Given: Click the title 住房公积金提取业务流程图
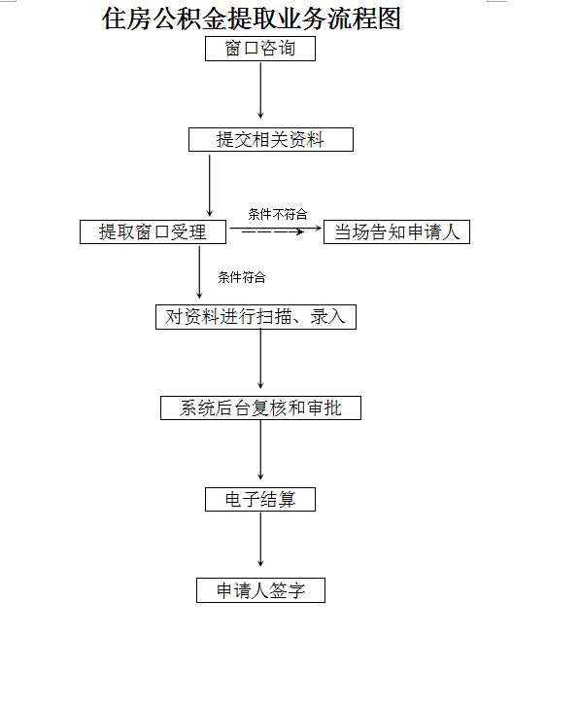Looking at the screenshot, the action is (x=252, y=19).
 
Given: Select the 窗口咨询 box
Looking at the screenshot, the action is (x=260, y=49).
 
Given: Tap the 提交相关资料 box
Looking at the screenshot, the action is (x=271, y=139).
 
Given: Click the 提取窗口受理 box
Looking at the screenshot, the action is (x=153, y=232).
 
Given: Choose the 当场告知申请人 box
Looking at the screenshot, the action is (x=397, y=232).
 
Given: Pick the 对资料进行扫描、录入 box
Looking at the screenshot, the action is (x=256, y=317).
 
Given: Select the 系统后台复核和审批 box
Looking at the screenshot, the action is (x=260, y=408).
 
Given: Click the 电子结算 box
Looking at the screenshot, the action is (x=260, y=500).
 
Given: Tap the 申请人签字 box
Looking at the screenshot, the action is (x=260, y=590).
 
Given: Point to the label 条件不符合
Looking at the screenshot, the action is (x=278, y=214).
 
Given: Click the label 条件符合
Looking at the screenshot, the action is (x=242, y=277).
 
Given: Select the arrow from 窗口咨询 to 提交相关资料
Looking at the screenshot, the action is (x=260, y=90).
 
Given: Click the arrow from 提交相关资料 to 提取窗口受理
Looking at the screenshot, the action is (x=209, y=186).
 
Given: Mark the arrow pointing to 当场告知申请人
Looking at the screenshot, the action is (x=276, y=229).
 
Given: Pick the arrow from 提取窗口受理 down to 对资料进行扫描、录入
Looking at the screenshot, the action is (x=199, y=272).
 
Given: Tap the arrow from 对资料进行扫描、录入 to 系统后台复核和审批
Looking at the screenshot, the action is (x=260, y=359).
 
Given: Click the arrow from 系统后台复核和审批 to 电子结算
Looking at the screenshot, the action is (x=260, y=449).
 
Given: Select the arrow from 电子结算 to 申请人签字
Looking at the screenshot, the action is (x=260, y=539).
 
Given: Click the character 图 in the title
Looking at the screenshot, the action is (x=389, y=19).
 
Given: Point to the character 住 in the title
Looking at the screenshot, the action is (x=114, y=19).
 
